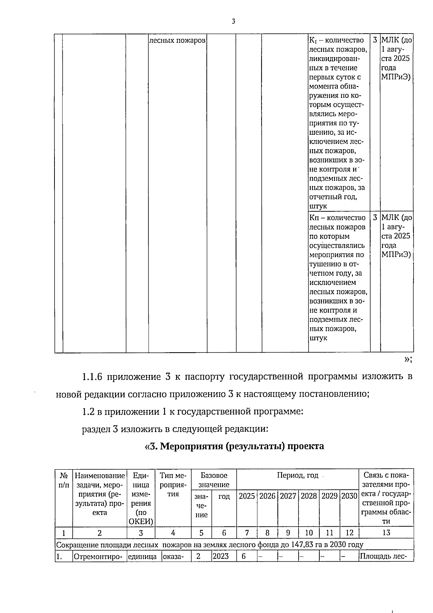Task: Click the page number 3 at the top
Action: coord(233,21)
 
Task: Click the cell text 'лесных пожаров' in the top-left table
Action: coord(177,40)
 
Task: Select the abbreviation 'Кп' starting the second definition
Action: coord(313,217)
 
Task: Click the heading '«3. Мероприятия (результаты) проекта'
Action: coord(234,446)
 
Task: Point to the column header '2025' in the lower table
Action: coord(247,496)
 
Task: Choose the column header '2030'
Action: coord(349,496)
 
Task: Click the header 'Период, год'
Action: coord(297,475)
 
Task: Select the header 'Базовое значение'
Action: coord(214,480)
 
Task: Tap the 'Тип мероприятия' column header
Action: coord(173,484)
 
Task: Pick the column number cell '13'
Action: coord(386,532)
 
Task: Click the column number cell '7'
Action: coord(247,532)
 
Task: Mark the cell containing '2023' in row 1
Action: coord(220,556)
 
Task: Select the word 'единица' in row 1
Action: coord(142,557)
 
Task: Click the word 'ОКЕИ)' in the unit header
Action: coord(141,522)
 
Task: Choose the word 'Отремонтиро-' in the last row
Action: coord(99,557)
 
